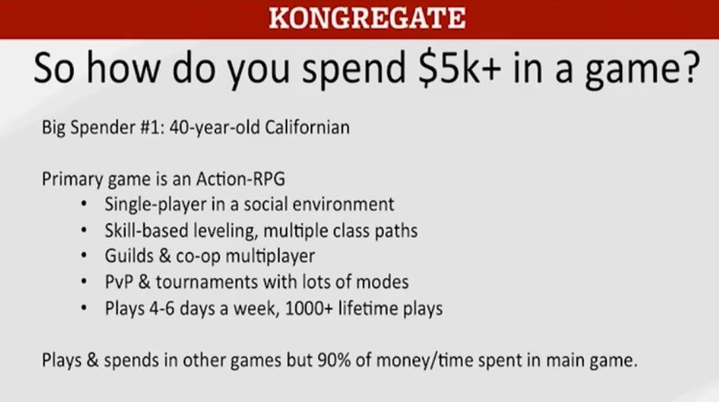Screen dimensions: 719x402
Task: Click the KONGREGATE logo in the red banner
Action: pos(367,18)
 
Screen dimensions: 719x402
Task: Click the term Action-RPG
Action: pos(241,179)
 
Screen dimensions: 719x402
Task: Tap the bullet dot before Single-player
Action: pos(83,204)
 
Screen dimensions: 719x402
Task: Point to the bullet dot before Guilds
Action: pos(83,256)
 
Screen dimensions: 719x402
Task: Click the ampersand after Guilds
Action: pos(165,256)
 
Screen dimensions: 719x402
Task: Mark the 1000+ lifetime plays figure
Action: pos(364,308)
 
